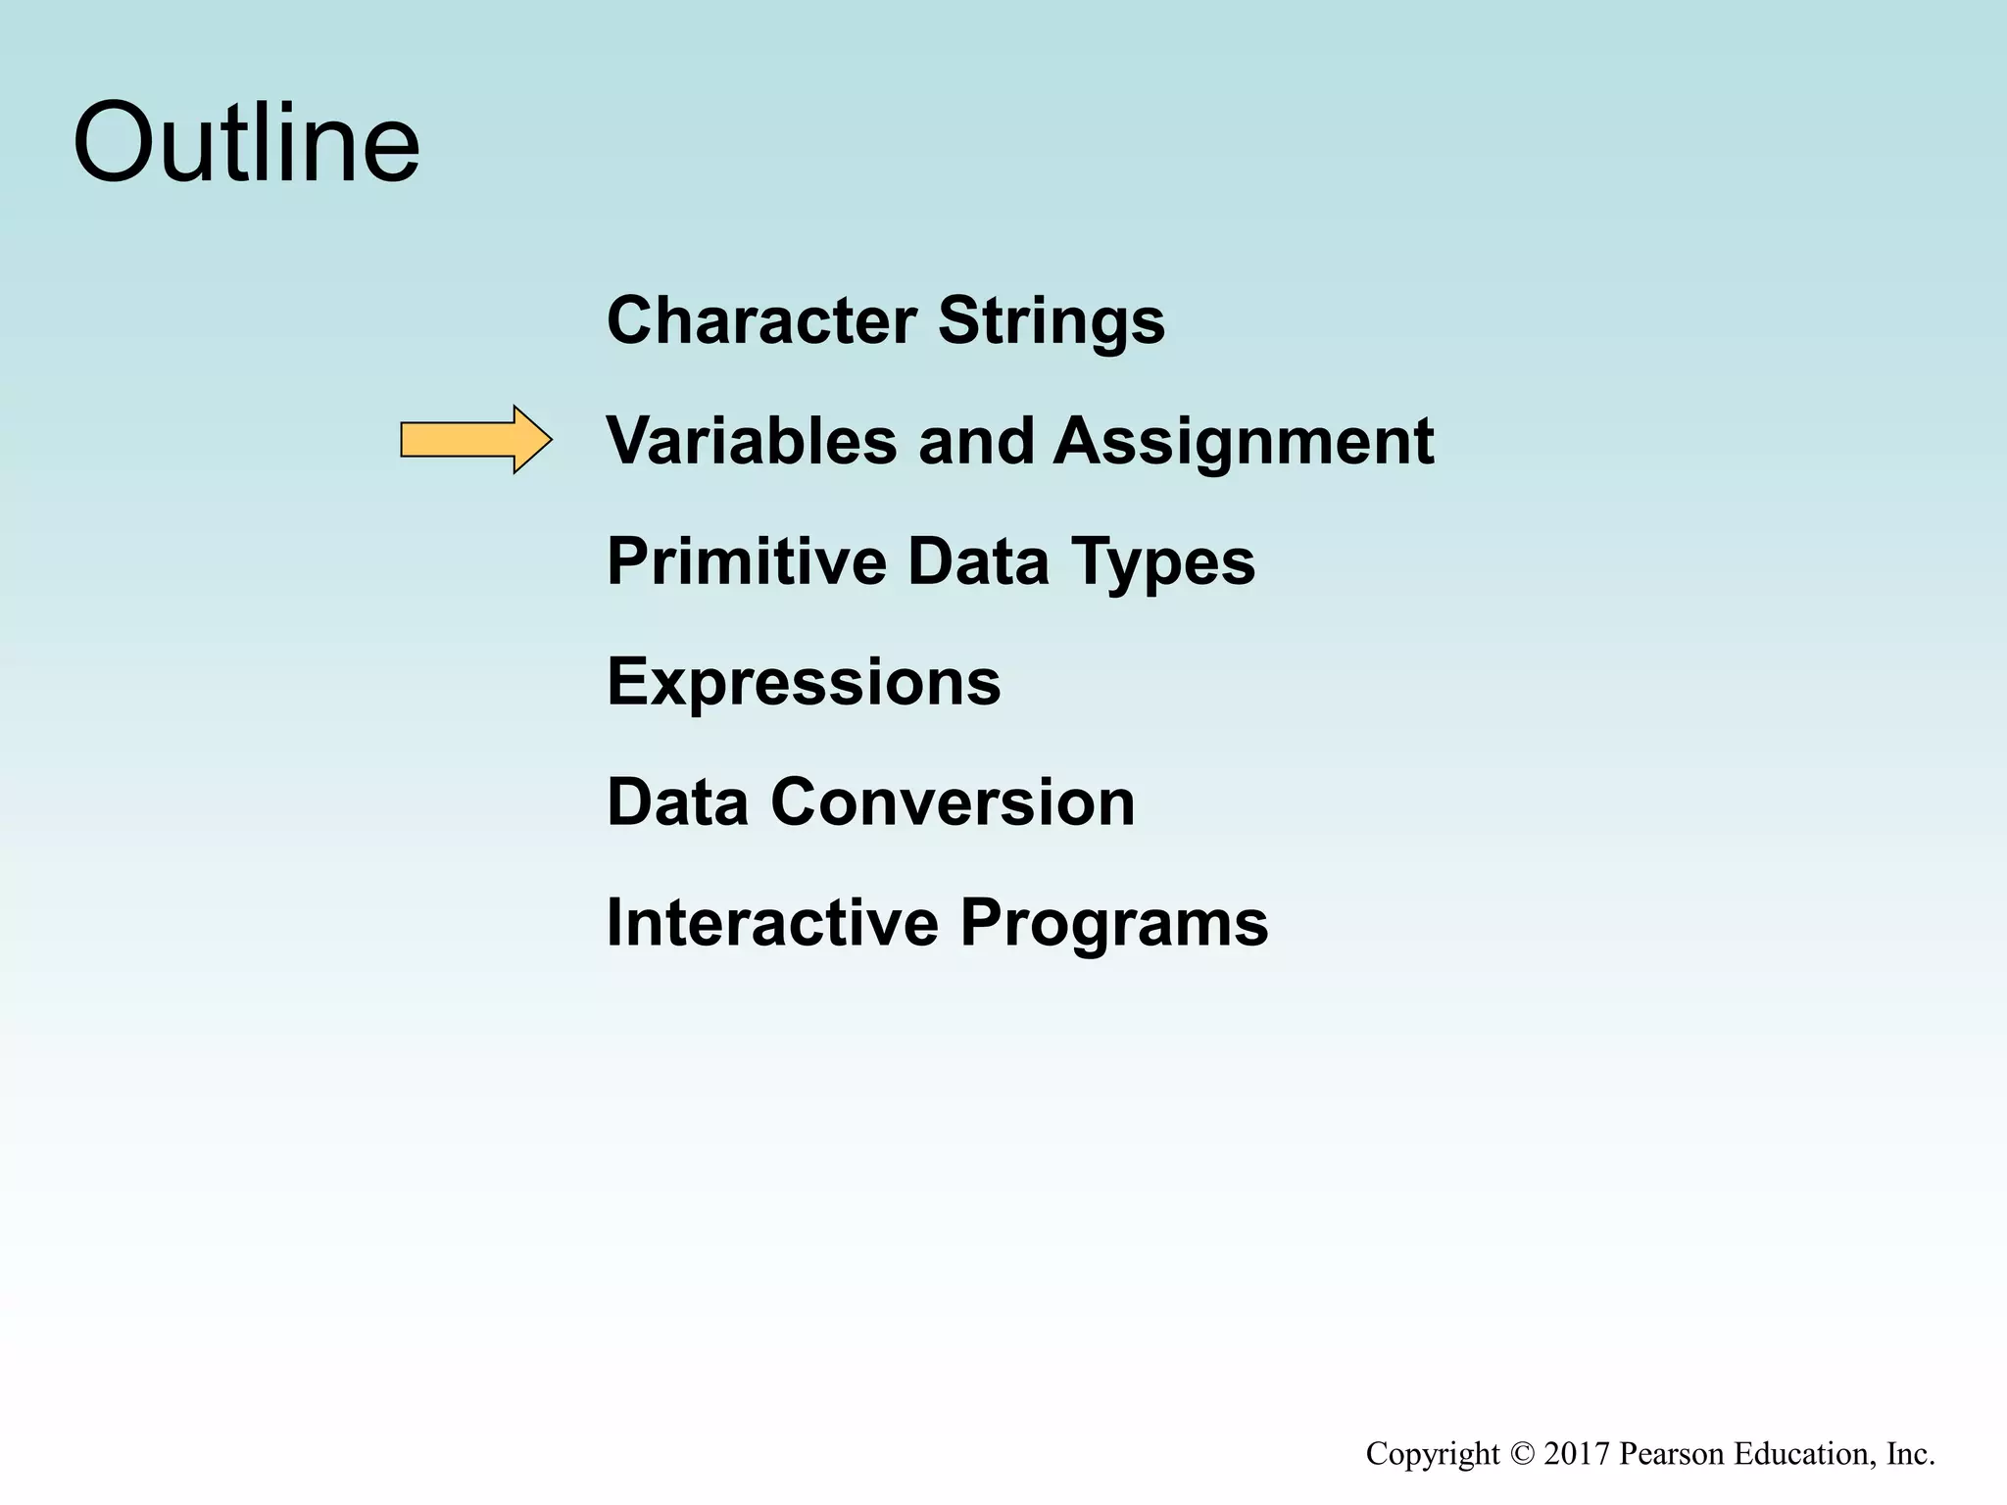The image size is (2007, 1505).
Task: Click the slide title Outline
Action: pos(246,143)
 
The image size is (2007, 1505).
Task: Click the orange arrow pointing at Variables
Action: pos(476,440)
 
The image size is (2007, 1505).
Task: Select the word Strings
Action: pos(1052,321)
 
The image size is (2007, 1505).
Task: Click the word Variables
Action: pos(751,440)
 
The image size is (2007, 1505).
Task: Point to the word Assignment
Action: pos(1243,442)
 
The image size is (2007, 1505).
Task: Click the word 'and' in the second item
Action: pos(975,440)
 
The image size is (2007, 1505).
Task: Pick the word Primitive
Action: pos(747,561)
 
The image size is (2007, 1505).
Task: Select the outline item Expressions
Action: pos(804,681)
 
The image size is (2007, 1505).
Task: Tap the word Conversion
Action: pos(952,801)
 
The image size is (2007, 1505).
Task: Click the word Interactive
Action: pos(772,922)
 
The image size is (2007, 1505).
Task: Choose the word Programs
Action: pos(1113,924)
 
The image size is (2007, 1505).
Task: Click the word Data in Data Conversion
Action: pos(677,801)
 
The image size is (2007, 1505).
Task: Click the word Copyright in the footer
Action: pos(1433,1454)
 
